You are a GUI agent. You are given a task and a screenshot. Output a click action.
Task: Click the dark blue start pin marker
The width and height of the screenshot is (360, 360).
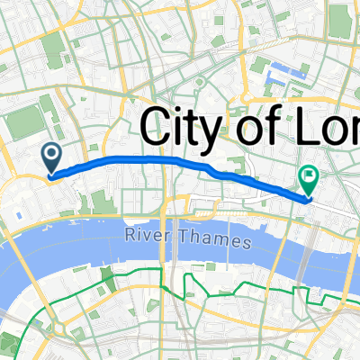[51, 159]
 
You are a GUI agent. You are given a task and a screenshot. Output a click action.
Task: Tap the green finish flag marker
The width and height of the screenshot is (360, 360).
[309, 181]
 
